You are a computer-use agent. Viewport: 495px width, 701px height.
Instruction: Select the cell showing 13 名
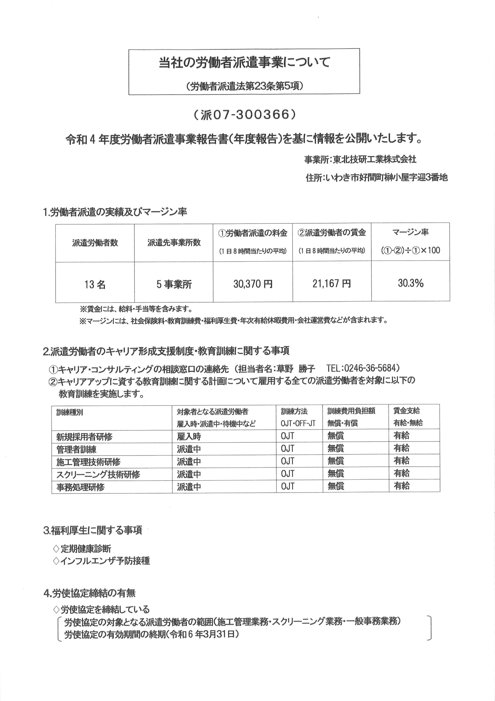point(95,285)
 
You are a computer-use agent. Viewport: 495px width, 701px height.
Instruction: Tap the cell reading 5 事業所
point(174,285)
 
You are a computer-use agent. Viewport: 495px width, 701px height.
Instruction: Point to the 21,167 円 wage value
point(331,284)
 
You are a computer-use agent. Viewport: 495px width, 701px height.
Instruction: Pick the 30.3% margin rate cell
point(410,283)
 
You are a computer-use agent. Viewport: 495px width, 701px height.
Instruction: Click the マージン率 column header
point(410,232)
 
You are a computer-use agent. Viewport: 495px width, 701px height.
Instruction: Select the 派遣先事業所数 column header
point(174,243)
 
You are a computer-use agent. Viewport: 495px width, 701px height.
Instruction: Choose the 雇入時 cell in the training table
point(189,436)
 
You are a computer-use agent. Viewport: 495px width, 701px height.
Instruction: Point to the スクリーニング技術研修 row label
point(98,475)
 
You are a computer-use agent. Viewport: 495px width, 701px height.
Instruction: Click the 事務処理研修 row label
point(80,487)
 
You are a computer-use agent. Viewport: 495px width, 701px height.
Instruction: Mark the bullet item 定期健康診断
point(86,549)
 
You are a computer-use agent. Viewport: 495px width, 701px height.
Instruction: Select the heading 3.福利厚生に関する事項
point(93,530)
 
